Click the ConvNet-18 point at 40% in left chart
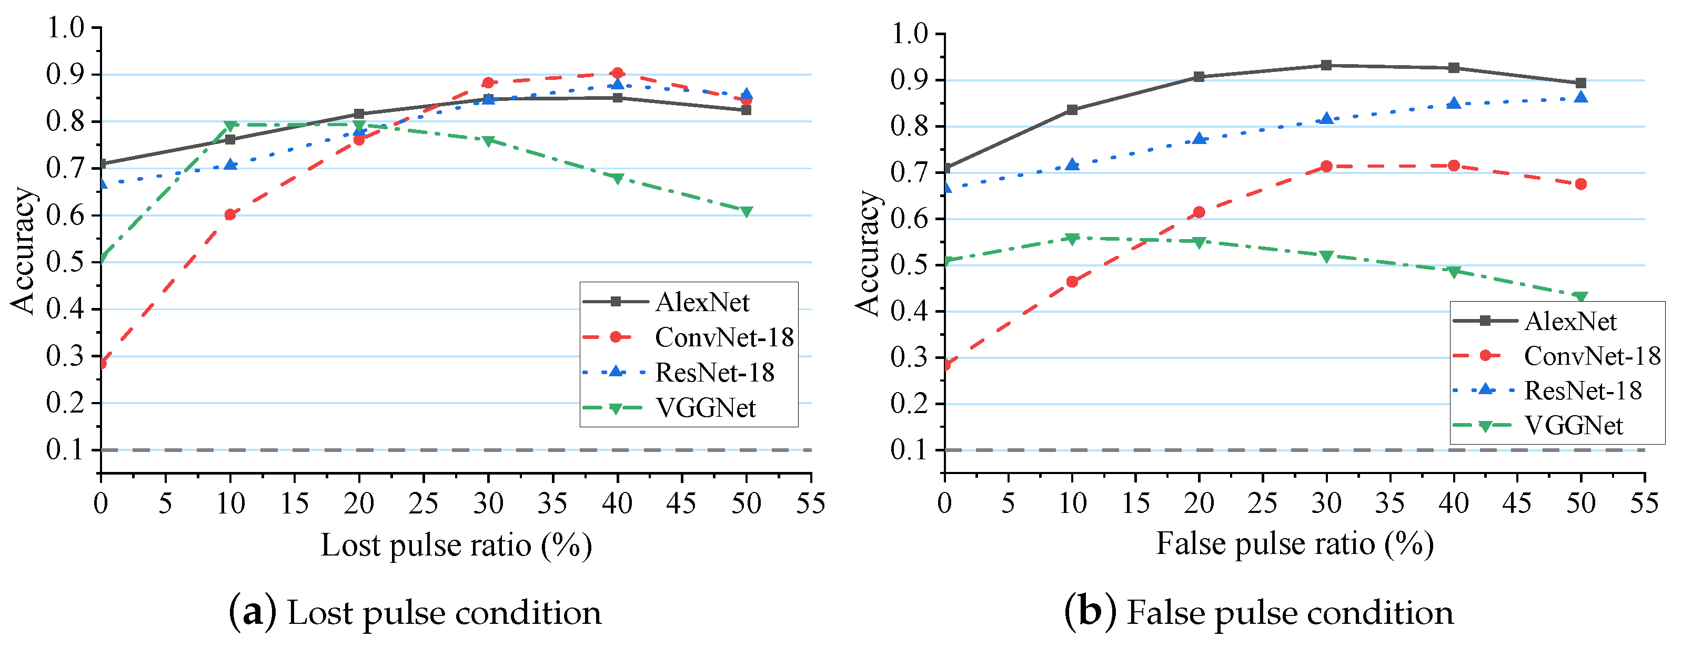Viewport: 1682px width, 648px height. click(x=617, y=73)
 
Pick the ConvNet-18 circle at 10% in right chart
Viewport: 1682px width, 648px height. click(x=1072, y=282)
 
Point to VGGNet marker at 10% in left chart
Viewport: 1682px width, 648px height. click(x=230, y=125)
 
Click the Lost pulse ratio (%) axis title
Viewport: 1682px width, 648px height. click(x=456, y=546)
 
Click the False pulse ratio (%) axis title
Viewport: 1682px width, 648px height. click(x=1294, y=543)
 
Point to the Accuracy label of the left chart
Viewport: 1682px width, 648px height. click(x=23, y=251)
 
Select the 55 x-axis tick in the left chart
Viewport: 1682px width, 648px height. click(x=810, y=503)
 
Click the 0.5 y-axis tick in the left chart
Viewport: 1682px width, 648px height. click(x=65, y=262)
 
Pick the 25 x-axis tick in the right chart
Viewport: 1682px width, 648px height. click(x=1262, y=503)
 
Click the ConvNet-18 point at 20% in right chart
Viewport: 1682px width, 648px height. click(x=1199, y=212)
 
